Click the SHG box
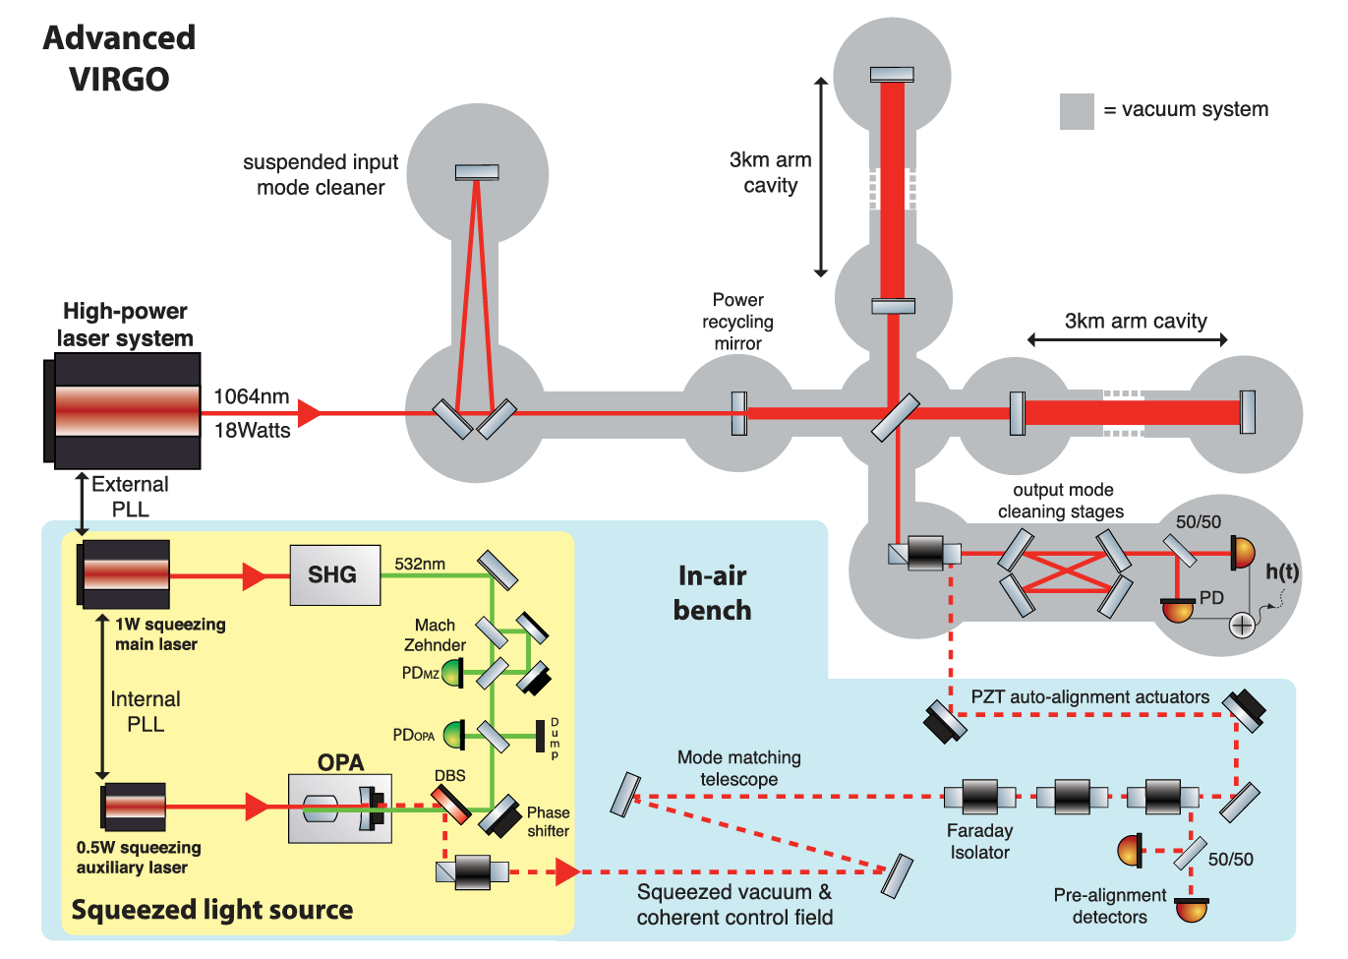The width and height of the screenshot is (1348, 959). [x=335, y=575]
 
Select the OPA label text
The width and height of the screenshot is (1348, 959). [x=340, y=762]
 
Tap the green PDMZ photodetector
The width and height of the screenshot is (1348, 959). [x=452, y=673]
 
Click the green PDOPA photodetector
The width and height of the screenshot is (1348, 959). [x=453, y=735]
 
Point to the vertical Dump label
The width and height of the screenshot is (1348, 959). [x=555, y=738]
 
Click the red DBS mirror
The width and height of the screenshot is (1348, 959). [x=450, y=806]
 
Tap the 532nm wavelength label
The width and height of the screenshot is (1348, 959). [x=420, y=564]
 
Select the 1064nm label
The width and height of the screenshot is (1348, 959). [x=252, y=396]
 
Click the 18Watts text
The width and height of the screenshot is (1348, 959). [x=252, y=431]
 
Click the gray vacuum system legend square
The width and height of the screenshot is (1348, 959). [x=1077, y=111]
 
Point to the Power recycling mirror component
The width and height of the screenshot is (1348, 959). [x=739, y=413]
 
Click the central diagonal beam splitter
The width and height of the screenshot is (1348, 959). [x=895, y=417]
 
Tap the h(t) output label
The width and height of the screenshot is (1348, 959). [x=1282, y=571]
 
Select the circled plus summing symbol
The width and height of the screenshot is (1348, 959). [x=1242, y=626]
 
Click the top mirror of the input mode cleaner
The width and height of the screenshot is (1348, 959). [x=477, y=172]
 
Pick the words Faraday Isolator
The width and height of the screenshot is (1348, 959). [x=979, y=842]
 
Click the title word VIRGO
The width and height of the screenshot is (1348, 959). [x=119, y=80]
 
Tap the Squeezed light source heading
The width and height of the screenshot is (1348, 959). [x=211, y=910]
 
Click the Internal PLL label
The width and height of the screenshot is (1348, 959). [x=146, y=711]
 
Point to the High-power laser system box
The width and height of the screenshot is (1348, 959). [x=122, y=411]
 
